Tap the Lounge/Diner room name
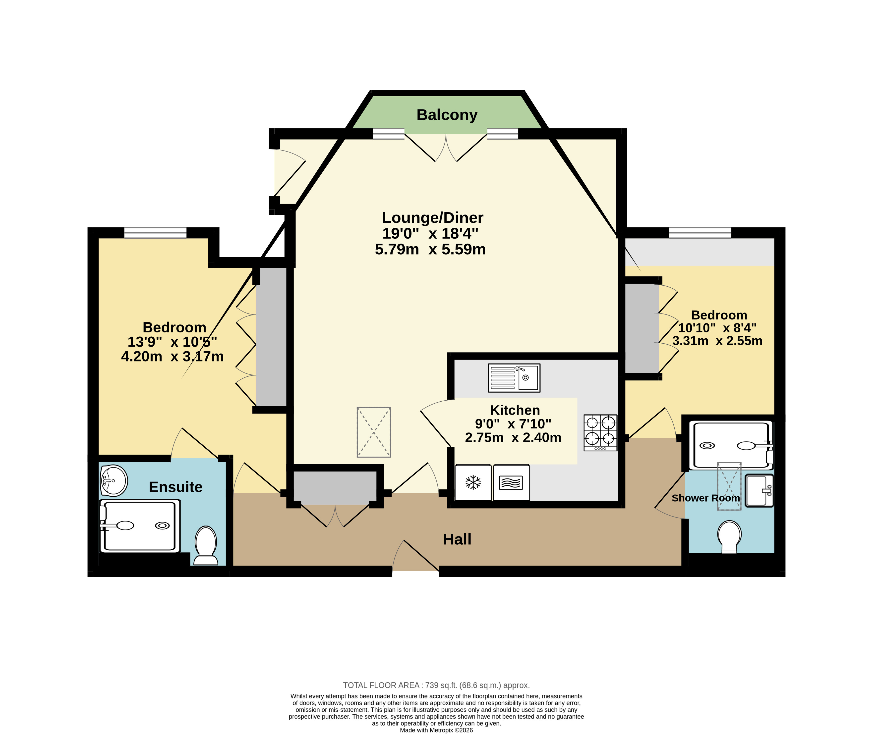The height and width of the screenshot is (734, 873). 433,218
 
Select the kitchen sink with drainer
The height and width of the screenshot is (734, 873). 514,378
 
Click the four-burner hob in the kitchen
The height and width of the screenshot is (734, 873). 600,433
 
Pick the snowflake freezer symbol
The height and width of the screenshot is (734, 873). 473,483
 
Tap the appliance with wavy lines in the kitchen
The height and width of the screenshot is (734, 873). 511,483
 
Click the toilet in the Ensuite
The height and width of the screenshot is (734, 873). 206,545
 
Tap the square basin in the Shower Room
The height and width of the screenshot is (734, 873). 759,491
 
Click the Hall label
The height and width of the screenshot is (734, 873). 457,539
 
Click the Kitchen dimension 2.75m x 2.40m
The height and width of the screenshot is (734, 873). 513,438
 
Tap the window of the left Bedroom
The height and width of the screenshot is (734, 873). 155,233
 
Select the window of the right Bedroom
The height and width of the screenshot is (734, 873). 700,233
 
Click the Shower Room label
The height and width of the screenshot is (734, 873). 706,498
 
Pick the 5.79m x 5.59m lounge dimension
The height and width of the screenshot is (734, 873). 430,250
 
